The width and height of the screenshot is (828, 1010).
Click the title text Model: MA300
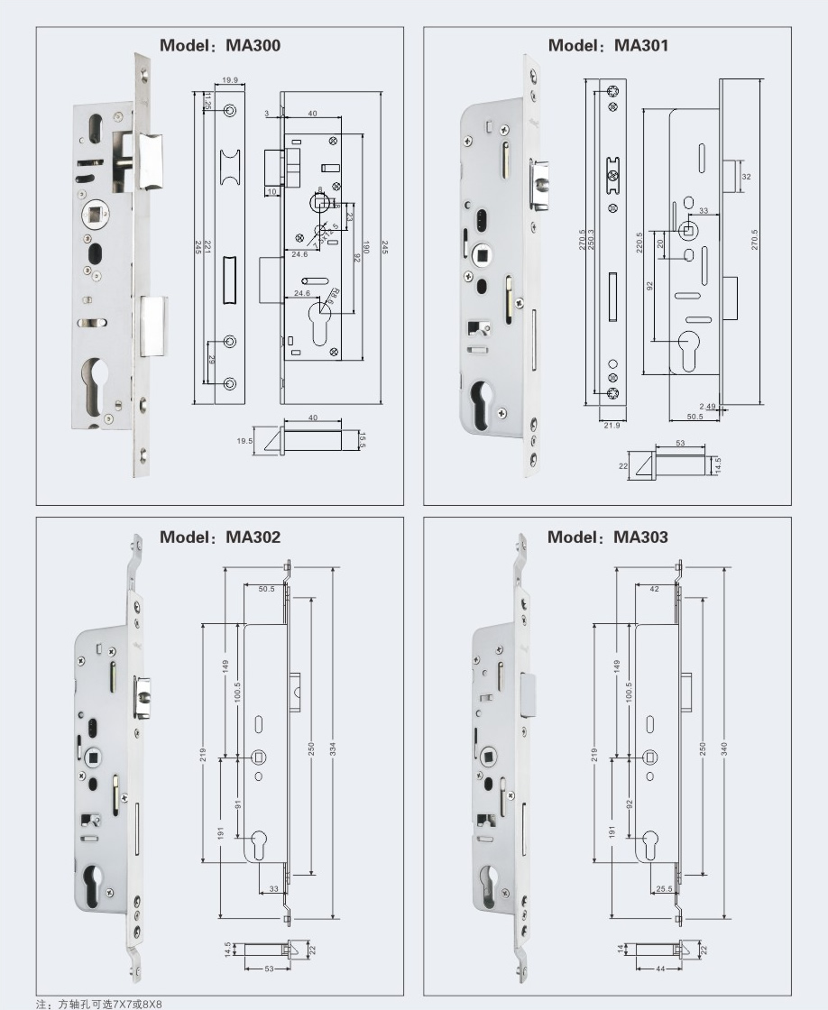click(220, 45)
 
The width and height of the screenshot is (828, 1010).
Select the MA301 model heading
click(608, 45)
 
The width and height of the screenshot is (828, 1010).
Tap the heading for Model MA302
click(220, 537)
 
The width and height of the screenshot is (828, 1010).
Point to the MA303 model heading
click(608, 537)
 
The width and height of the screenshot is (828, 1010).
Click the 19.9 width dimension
click(229, 80)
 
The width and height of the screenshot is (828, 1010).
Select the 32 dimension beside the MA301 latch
click(745, 177)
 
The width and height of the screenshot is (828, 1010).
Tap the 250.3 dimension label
click(592, 245)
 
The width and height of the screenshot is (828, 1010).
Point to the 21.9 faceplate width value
click(612, 425)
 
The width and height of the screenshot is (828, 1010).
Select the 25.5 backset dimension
click(664, 888)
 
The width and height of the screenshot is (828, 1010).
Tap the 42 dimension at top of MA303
click(654, 588)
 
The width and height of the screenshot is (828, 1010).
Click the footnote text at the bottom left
click(99, 1003)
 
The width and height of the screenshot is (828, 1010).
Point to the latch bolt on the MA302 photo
click(143, 696)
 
